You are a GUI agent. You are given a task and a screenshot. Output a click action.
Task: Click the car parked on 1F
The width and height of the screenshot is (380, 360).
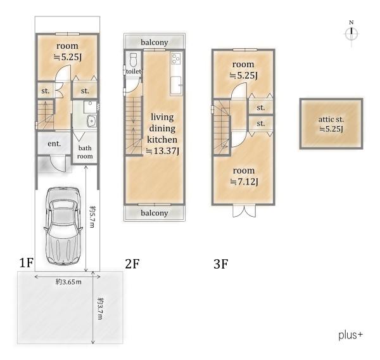tap(63, 226)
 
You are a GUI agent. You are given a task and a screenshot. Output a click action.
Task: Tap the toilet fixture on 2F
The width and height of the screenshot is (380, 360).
tap(134, 60)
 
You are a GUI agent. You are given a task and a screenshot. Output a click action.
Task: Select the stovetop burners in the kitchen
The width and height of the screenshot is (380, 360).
tap(175, 58)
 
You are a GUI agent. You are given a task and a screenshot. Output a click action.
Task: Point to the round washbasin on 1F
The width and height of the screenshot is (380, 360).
tap(92, 120)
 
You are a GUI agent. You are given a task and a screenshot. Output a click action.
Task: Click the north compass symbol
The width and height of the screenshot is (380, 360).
tap(351, 34)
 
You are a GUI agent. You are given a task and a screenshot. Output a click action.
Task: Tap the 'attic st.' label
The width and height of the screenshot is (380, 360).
tap(331, 119)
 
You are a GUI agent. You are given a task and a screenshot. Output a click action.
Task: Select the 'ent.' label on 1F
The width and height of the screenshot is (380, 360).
tap(54, 144)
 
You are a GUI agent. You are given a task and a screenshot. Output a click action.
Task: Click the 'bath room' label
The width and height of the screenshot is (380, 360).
tap(85, 152)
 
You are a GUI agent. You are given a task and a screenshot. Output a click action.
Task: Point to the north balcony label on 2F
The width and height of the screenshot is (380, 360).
tap(155, 42)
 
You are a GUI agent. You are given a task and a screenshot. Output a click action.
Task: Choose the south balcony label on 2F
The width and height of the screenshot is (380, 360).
tap(155, 213)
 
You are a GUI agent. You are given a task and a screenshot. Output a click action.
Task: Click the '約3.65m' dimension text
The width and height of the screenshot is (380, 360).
tap(68, 281)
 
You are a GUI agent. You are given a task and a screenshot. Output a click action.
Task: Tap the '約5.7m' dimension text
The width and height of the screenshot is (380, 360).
tap(92, 217)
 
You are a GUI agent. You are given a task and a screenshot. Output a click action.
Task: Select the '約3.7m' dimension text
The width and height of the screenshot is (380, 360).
tap(100, 308)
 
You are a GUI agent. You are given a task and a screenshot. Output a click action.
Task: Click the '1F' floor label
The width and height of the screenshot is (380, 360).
tap(26, 262)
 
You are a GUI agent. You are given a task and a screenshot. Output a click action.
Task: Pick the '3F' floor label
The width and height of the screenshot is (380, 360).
tap(221, 264)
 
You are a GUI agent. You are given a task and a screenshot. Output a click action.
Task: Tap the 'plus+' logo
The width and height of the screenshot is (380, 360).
tap(351, 335)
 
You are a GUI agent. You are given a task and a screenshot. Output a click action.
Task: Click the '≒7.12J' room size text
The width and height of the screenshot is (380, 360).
tap(244, 181)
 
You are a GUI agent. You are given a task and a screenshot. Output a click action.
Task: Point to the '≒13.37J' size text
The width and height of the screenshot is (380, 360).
tap(162, 151)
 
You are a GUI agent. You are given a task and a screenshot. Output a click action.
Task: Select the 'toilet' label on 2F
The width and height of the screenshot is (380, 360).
tap(134, 72)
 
